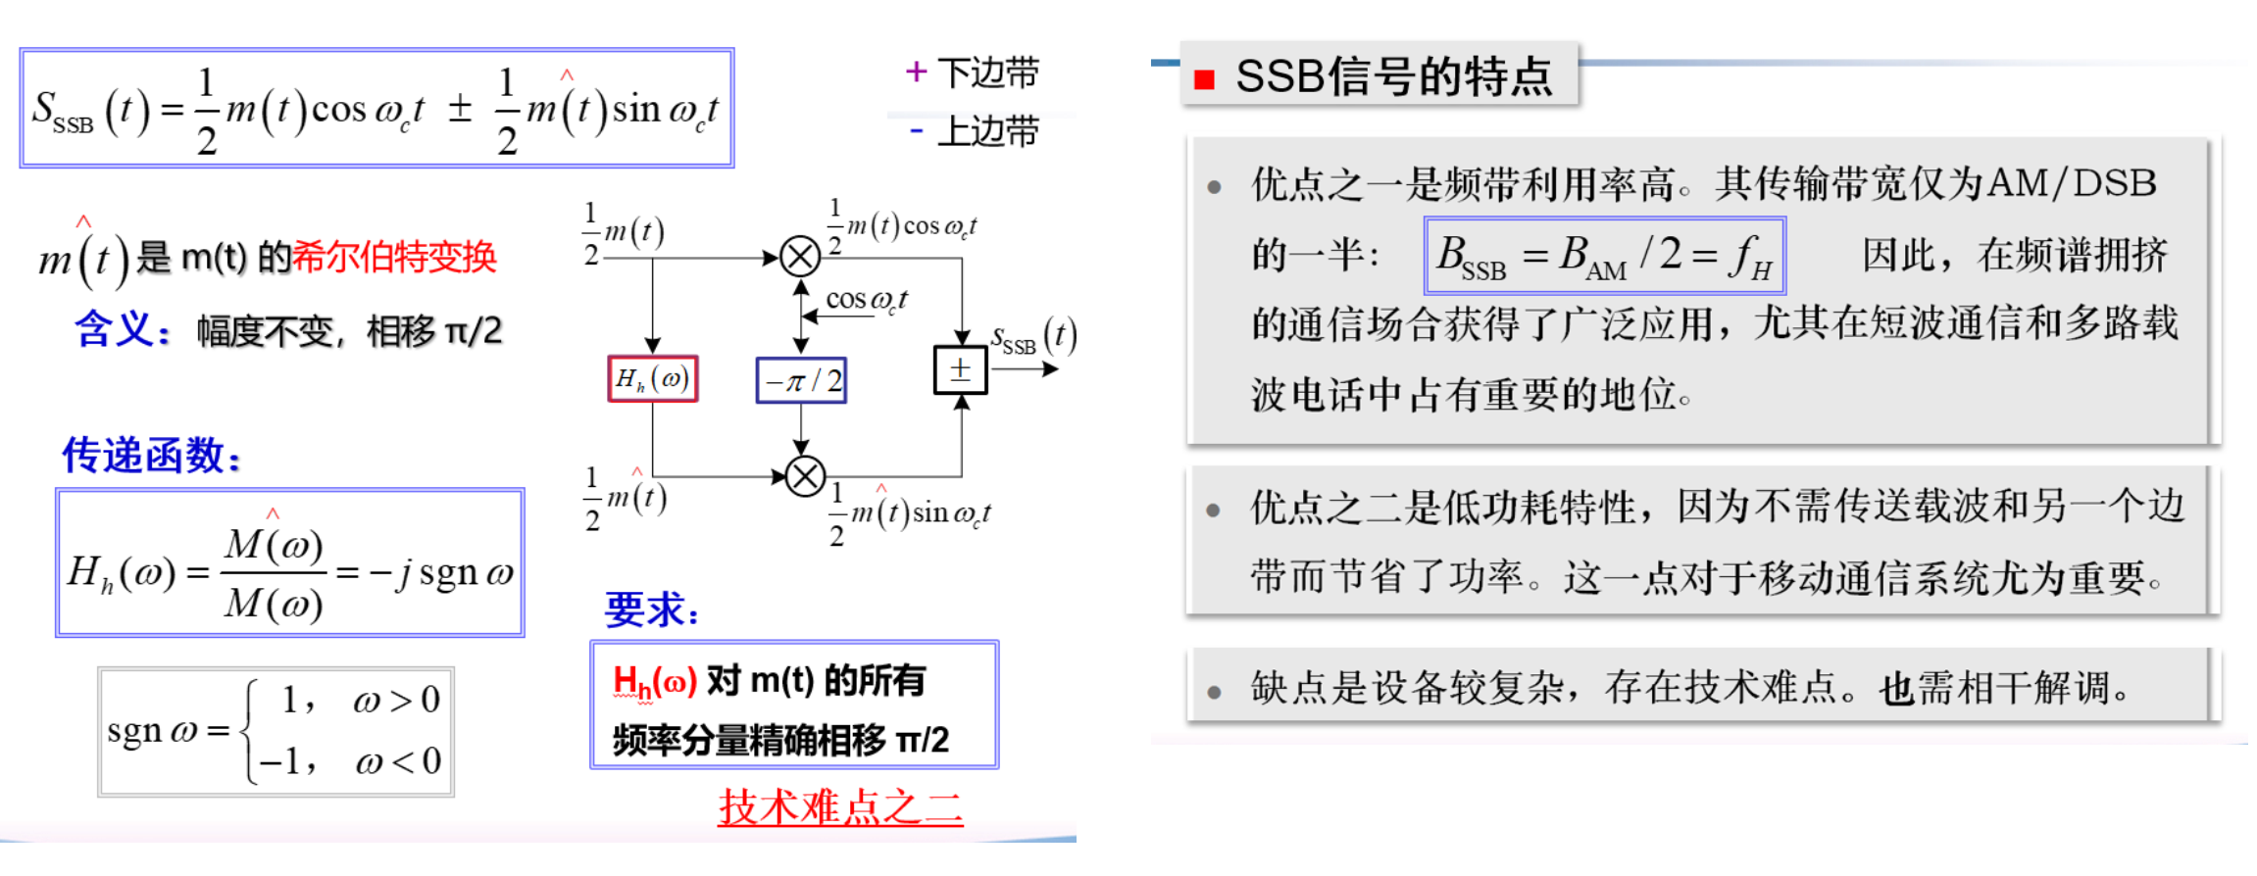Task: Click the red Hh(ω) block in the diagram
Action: (x=653, y=379)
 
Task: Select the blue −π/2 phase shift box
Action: (x=801, y=380)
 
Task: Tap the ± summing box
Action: (x=960, y=370)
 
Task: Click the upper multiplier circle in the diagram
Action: (x=800, y=258)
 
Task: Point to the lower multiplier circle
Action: (x=805, y=477)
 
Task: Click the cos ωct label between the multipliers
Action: (x=866, y=300)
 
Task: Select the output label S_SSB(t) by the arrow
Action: (x=1032, y=337)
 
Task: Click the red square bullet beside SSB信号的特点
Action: (x=1204, y=79)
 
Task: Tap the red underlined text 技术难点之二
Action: (x=840, y=807)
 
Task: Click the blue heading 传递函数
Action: (x=151, y=456)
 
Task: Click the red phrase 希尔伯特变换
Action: (x=394, y=258)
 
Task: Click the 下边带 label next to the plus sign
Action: (x=987, y=73)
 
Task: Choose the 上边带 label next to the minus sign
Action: (x=987, y=131)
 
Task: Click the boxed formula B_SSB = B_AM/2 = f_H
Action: (x=1604, y=256)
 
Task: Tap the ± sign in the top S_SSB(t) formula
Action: (x=460, y=109)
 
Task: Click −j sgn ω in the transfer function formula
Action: (x=440, y=573)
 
